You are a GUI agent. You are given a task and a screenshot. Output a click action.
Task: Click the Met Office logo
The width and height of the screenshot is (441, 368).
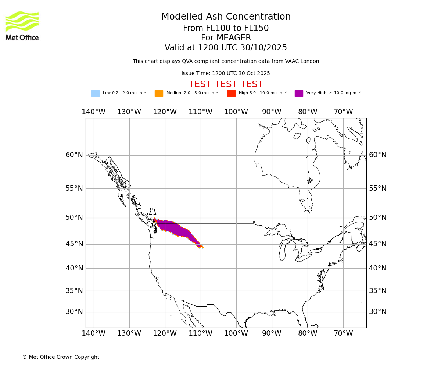(22, 26)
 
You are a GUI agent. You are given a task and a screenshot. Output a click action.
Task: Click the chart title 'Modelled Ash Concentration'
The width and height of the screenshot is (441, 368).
(226, 17)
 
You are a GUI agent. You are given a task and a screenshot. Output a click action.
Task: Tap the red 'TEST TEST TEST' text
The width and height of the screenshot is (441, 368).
(226, 84)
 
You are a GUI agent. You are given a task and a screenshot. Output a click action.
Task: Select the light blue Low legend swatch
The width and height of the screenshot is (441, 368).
(95, 93)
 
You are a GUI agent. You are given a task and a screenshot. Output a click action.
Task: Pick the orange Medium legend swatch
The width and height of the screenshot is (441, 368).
(159, 93)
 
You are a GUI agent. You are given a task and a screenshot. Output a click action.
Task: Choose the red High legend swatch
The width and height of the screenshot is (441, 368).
(231, 93)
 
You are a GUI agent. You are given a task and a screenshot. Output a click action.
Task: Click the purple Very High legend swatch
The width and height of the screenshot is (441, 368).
(299, 93)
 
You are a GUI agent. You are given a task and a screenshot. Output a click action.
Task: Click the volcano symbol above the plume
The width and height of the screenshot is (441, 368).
(153, 212)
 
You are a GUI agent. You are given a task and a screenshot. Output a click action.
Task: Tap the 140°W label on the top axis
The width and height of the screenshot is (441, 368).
(93, 112)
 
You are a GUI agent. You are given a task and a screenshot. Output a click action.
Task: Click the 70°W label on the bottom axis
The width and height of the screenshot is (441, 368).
(343, 333)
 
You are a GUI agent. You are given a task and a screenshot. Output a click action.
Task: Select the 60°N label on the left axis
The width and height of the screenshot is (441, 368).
(74, 155)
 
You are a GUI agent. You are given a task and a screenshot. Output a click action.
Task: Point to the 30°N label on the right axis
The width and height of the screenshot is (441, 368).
(377, 312)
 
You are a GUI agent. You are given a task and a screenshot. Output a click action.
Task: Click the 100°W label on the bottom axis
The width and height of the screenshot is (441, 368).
(236, 333)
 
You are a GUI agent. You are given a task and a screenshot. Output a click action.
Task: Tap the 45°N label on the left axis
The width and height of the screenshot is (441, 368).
(74, 244)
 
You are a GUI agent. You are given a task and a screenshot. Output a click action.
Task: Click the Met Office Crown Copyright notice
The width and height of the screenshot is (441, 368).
(61, 357)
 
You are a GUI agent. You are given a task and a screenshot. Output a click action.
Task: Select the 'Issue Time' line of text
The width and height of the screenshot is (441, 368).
(226, 74)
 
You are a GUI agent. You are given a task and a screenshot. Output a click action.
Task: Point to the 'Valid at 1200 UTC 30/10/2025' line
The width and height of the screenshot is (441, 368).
(226, 48)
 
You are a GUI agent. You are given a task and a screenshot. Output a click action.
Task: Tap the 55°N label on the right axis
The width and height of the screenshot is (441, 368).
(377, 188)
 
